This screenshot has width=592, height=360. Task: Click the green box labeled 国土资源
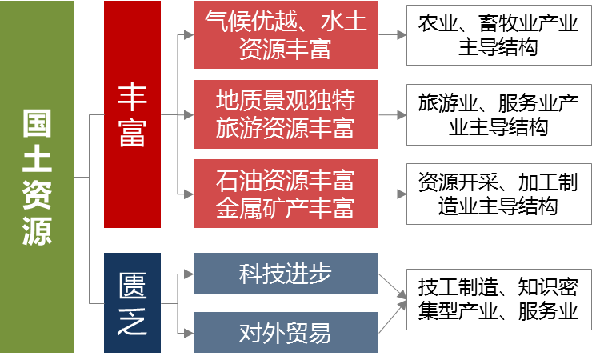(37, 177)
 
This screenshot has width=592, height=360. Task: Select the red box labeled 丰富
(132, 114)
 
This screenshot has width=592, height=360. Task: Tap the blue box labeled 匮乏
(132, 303)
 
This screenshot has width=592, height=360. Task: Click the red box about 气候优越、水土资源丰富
(286, 35)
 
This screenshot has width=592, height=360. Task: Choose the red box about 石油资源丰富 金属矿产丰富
(286, 194)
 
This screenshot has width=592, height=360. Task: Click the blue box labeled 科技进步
(286, 274)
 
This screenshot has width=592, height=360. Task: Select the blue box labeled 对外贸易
(286, 332)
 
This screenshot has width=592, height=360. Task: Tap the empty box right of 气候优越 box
(498, 35)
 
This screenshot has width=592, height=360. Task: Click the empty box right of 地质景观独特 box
(498, 114)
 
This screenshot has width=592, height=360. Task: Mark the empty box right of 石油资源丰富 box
(498, 194)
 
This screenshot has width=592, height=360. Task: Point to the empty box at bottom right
(498, 299)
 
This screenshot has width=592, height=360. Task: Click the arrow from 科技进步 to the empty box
(393, 287)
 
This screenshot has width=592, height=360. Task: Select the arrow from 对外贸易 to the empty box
(393, 317)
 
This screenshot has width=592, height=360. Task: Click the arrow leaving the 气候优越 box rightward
(391, 35)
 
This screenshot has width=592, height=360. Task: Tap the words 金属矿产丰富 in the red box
(286, 209)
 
